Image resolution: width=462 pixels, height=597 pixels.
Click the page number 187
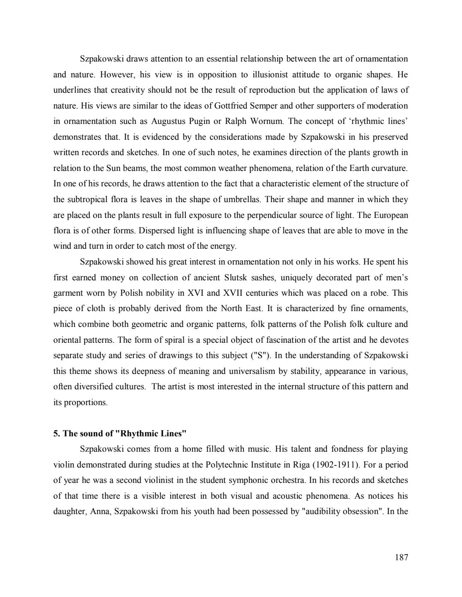click(x=402, y=557)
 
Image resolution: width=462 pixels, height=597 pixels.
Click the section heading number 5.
click(x=56, y=434)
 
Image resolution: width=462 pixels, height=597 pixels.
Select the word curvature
click(x=390, y=168)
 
